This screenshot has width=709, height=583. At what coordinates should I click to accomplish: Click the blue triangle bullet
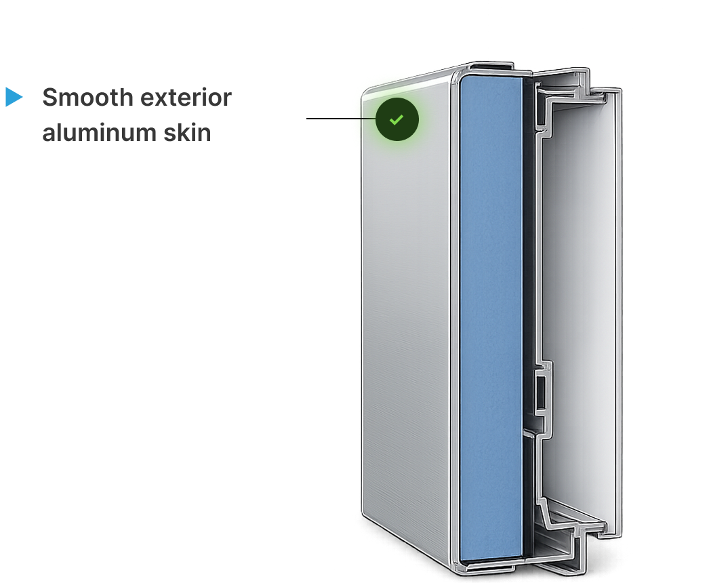13,97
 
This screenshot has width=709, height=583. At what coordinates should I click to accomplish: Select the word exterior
186,97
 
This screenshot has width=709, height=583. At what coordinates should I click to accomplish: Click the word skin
187,132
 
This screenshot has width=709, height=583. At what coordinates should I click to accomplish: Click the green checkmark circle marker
397,119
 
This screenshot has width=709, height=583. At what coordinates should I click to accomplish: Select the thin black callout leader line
341,119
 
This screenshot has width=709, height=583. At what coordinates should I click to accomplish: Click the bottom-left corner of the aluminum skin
363,513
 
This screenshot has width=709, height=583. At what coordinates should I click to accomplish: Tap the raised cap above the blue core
491,66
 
